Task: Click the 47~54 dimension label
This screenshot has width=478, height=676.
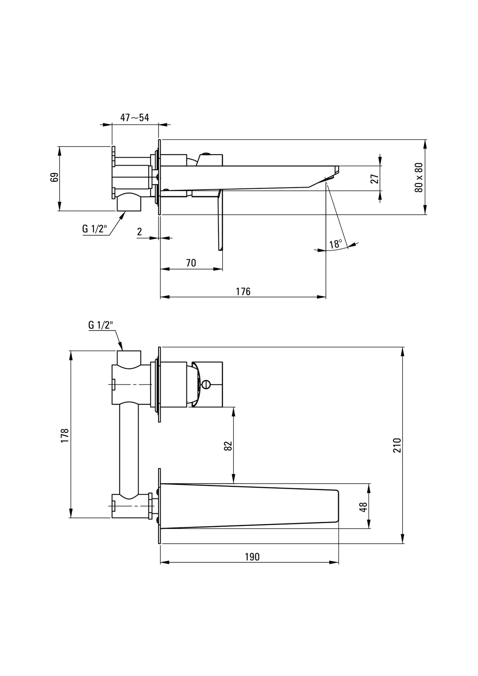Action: [x=134, y=117]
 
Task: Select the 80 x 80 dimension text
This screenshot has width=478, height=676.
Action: [x=418, y=177]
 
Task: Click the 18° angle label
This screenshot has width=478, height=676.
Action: [x=335, y=244]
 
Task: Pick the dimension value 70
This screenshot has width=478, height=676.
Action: [x=191, y=263]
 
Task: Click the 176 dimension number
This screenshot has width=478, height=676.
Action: [x=243, y=292]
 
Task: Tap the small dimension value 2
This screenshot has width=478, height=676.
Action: [x=139, y=232]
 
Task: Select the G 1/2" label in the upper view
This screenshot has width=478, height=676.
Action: [x=95, y=229]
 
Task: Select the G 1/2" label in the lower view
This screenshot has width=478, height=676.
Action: [x=101, y=325]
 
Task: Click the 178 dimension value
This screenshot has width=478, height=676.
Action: [x=65, y=435]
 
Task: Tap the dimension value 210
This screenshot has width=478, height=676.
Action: [x=397, y=445]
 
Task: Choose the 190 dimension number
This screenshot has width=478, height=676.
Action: [x=252, y=557]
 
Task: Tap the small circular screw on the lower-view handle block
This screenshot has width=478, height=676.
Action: [x=206, y=384]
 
